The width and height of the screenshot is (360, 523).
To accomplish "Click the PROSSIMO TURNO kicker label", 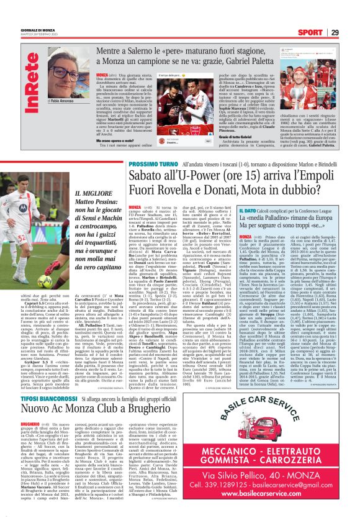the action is (147, 163).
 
